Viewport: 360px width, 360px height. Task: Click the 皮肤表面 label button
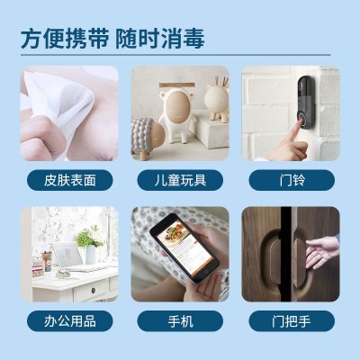point(70,180)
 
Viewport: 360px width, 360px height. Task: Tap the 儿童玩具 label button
point(180,180)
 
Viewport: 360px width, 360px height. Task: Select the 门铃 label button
point(292,180)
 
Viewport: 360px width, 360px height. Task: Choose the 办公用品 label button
point(70,321)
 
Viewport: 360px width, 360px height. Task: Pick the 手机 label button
point(180,321)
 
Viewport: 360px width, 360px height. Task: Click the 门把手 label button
point(292,321)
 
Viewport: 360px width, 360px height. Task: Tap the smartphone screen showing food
point(184,247)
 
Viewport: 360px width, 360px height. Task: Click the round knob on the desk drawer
point(93,290)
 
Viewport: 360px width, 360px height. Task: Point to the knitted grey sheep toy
point(148,138)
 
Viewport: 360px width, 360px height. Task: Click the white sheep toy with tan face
point(176,115)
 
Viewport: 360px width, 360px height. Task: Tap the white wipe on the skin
point(60,99)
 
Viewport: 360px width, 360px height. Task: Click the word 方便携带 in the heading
point(65,39)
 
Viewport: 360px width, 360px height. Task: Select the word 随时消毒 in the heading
point(160,39)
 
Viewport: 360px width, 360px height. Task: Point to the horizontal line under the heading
point(175,55)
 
